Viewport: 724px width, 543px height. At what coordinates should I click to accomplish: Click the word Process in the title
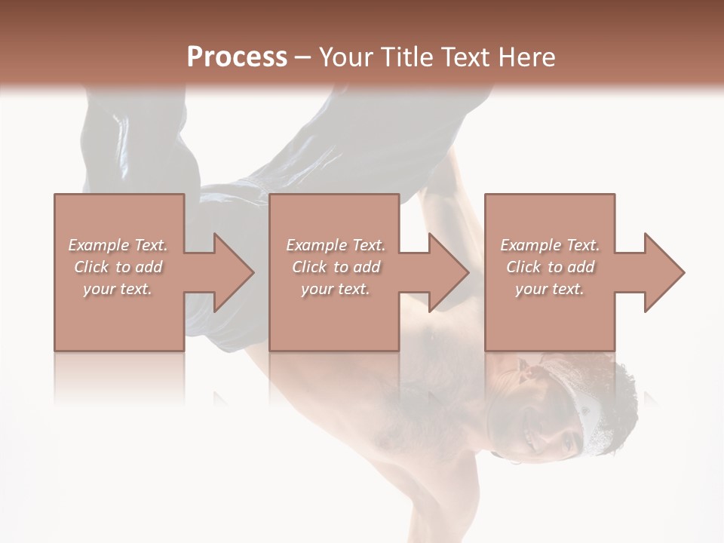[x=237, y=57]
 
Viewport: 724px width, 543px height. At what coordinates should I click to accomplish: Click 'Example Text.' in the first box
[x=118, y=245]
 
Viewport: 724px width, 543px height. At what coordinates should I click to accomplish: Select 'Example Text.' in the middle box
[x=336, y=245]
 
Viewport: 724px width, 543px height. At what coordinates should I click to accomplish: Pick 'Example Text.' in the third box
[x=550, y=245]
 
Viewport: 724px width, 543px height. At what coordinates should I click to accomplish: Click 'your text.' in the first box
[x=118, y=289]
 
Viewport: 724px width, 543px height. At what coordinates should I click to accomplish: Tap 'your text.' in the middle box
[x=336, y=289]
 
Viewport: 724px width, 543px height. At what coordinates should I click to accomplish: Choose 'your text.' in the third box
[x=550, y=289]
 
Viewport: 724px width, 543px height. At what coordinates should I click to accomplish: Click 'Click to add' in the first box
[x=118, y=267]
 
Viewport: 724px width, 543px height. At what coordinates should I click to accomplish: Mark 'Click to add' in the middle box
[x=336, y=267]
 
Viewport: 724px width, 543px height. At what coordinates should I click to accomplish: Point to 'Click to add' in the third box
[x=550, y=267]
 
